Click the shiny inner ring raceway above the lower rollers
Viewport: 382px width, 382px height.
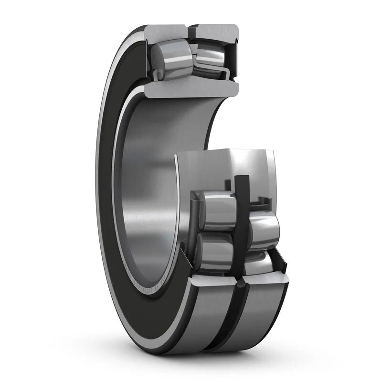(224, 167)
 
